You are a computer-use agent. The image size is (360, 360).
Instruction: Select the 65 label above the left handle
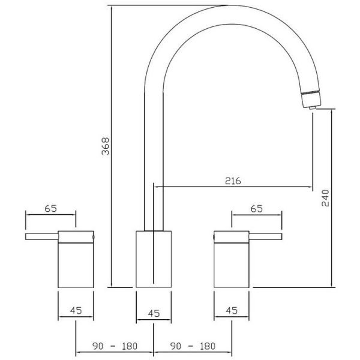(50, 209)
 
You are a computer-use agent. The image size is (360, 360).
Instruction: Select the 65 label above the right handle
(257, 209)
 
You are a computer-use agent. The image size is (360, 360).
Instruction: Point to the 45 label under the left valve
(76, 311)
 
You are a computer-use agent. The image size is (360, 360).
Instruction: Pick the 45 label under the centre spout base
(153, 312)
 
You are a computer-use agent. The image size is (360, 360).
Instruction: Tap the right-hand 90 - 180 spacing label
(193, 347)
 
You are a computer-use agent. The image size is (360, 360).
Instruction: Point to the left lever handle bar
(42, 237)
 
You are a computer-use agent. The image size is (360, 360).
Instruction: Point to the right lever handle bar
(264, 237)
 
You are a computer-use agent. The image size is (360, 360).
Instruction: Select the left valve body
(76, 264)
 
